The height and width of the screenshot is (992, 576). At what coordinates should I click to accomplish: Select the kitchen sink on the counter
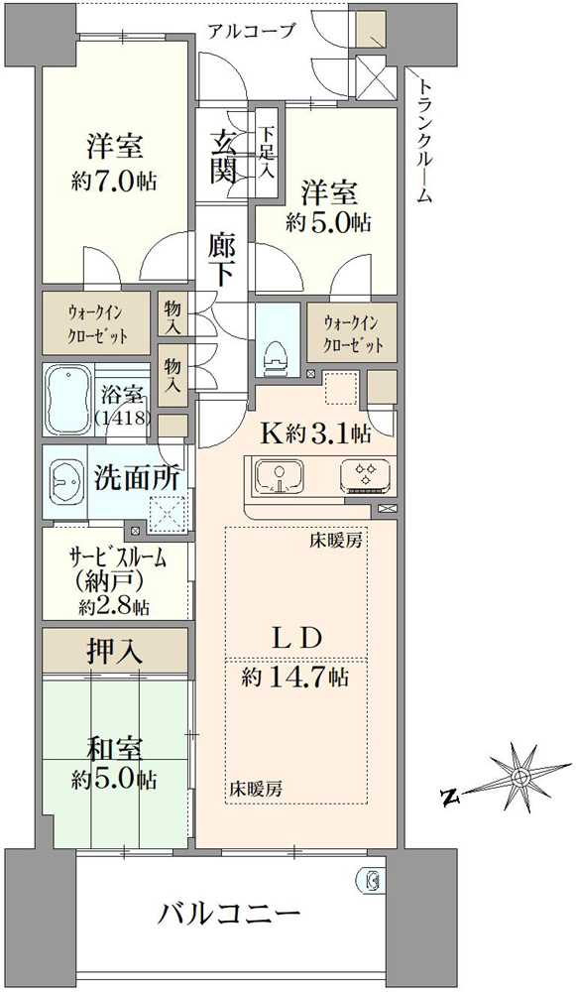click(x=279, y=475)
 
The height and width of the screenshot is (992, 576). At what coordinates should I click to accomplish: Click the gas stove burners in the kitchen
click(x=365, y=475)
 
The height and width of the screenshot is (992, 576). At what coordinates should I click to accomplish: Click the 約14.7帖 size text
click(x=294, y=679)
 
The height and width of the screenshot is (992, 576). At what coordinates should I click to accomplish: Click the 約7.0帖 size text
click(x=114, y=183)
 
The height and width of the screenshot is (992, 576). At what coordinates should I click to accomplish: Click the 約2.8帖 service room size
click(x=114, y=608)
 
